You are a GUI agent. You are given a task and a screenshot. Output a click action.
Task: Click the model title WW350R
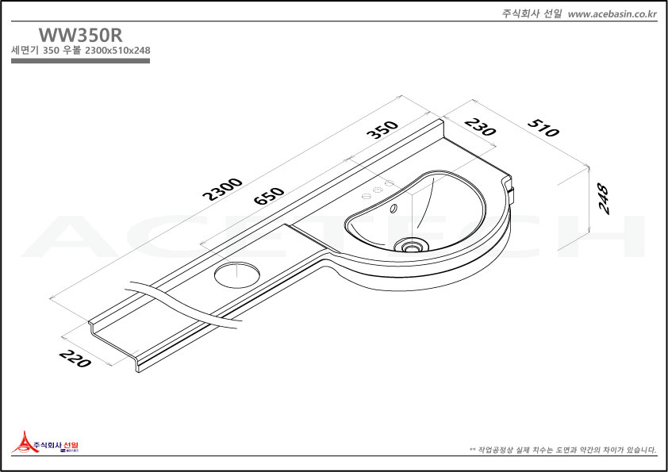click(80, 35)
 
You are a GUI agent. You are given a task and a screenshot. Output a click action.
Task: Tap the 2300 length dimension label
click(222, 189)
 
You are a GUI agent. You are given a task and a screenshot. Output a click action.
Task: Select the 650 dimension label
click(268, 195)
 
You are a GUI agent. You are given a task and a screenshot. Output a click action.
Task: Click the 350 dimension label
click(382, 130)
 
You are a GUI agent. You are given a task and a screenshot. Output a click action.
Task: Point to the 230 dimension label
click(480, 127)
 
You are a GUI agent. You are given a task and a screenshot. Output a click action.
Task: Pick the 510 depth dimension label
click(543, 128)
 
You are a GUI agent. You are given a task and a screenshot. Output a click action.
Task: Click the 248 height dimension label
click(603, 198)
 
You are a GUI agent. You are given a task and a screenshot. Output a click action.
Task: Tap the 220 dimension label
click(75, 359)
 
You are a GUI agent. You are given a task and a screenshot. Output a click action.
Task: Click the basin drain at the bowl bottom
click(411, 246)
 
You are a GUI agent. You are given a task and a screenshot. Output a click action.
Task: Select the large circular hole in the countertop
click(237, 274)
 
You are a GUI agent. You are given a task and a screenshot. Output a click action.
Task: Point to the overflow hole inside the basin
click(394, 209)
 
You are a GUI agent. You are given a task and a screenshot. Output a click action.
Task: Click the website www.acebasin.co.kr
click(612, 14)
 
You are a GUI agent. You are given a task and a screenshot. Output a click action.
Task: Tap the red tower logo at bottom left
click(25, 442)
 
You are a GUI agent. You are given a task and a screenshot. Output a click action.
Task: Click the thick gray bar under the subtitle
click(80, 61)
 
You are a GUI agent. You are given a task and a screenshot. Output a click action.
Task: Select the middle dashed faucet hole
click(378, 190)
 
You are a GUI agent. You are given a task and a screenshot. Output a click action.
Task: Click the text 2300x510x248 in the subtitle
click(117, 50)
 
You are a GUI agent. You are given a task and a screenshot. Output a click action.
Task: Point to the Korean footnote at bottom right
click(562, 450)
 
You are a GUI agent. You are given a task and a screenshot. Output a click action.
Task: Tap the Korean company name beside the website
click(532, 14)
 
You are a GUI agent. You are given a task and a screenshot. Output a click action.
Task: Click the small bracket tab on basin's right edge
click(511, 194)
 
